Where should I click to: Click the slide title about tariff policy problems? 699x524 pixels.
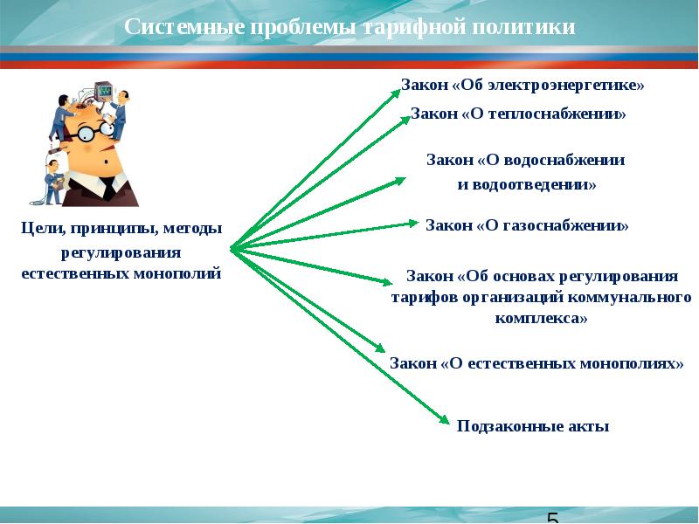pyautogui.click(x=349, y=27)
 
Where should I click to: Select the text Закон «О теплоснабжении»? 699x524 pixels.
pyautogui.click(x=518, y=114)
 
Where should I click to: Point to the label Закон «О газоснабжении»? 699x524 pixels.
pyautogui.click(x=527, y=225)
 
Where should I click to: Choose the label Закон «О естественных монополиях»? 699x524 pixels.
pyautogui.click(x=536, y=362)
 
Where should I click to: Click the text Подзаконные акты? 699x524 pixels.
pyautogui.click(x=532, y=426)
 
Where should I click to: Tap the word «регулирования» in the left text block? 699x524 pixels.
pyautogui.click(x=121, y=252)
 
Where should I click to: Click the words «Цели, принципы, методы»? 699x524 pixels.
pyautogui.click(x=121, y=229)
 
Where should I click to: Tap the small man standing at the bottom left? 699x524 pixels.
pyautogui.click(x=54, y=175)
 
